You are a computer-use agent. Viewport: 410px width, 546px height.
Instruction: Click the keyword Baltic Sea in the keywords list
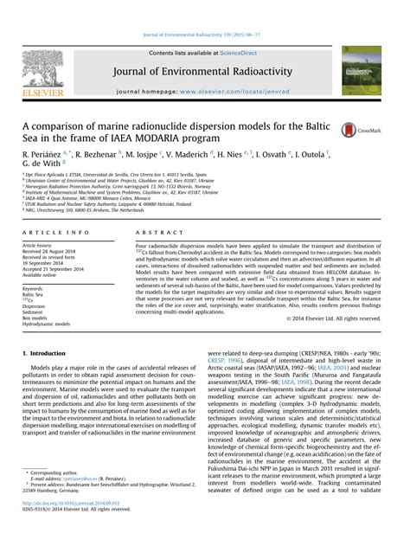tap(33, 295)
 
